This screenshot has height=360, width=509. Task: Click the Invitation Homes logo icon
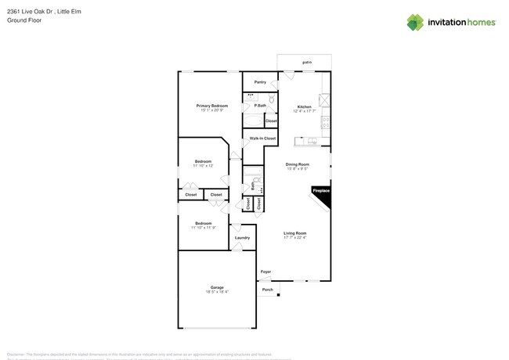(x=415, y=22)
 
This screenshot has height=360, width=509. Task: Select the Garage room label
(x=216, y=287)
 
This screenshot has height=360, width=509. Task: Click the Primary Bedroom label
(x=211, y=105)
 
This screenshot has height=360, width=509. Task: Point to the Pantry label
(x=260, y=81)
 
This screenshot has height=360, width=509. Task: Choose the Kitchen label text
(x=304, y=106)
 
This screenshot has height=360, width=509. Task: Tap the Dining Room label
(x=298, y=164)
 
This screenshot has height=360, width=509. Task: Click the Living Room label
(x=294, y=232)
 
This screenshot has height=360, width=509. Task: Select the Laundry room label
(x=243, y=237)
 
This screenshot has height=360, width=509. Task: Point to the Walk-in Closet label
(x=262, y=139)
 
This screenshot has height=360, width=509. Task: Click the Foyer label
(x=265, y=272)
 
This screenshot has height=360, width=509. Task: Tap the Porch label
(x=267, y=289)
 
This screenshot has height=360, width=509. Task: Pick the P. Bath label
(x=259, y=105)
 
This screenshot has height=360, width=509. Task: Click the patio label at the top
(x=307, y=62)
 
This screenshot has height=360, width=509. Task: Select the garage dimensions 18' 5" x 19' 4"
(x=216, y=292)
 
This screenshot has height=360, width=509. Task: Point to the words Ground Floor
(x=24, y=20)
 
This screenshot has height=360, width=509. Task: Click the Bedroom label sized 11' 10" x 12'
(x=203, y=161)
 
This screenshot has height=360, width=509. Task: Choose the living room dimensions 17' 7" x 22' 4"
(x=294, y=237)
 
